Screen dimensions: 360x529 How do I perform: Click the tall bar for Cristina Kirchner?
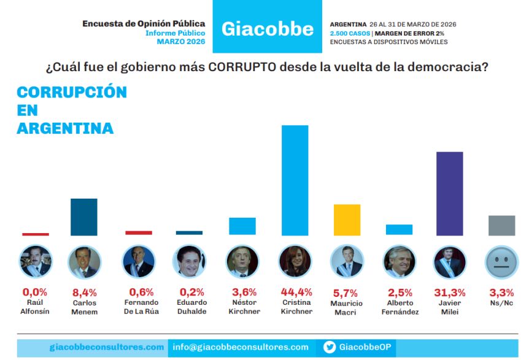[295, 180]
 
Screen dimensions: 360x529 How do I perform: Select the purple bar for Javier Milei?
[449, 193]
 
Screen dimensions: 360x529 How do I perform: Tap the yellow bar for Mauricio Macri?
[347, 220]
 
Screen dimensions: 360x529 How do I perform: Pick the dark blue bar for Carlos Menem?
[84, 216]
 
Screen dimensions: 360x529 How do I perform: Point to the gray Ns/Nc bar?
[501, 225]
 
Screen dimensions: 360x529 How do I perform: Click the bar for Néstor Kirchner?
[242, 226]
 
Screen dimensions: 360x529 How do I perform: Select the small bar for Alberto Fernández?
[399, 229]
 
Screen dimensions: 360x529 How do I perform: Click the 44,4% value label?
[295, 293]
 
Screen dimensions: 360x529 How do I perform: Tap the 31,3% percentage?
[450, 293]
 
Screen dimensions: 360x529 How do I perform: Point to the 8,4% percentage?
[85, 293]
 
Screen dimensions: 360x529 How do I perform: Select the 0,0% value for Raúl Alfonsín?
[35, 293]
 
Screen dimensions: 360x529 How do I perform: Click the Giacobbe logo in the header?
[267, 28]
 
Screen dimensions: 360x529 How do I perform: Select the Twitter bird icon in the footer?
[330, 347]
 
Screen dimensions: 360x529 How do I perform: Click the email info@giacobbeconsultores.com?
[241, 347]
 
